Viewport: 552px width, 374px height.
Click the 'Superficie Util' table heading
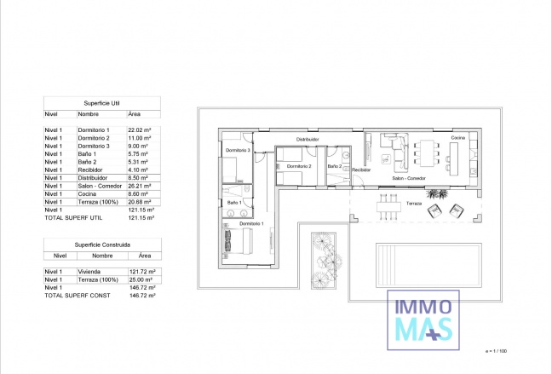point(102,102)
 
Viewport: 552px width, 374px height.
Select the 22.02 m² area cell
point(139,129)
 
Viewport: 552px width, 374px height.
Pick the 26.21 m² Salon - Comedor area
point(140,186)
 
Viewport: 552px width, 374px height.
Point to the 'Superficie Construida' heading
point(102,245)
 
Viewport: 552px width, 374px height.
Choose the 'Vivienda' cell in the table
point(91,271)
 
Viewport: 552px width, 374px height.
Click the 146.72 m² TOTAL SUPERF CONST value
point(141,295)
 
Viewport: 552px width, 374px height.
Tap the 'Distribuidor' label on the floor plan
point(308,138)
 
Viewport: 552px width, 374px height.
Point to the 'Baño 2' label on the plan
point(334,166)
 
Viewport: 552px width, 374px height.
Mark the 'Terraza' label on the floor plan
point(414,204)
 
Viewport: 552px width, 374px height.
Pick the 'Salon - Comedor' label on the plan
point(409,178)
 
